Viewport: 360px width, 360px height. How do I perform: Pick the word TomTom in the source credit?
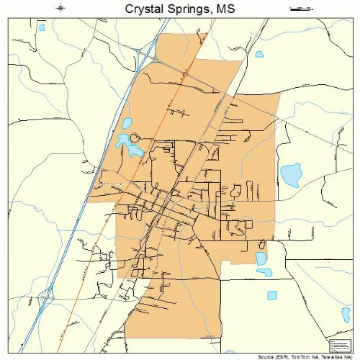[289, 356]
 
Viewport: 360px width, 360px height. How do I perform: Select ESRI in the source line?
[266, 356]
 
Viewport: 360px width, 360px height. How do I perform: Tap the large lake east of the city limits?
[291, 175]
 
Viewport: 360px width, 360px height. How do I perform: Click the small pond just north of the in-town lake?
[128, 123]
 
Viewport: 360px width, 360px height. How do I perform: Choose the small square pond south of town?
[272, 295]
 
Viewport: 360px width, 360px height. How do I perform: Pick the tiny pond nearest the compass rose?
[41, 28]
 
